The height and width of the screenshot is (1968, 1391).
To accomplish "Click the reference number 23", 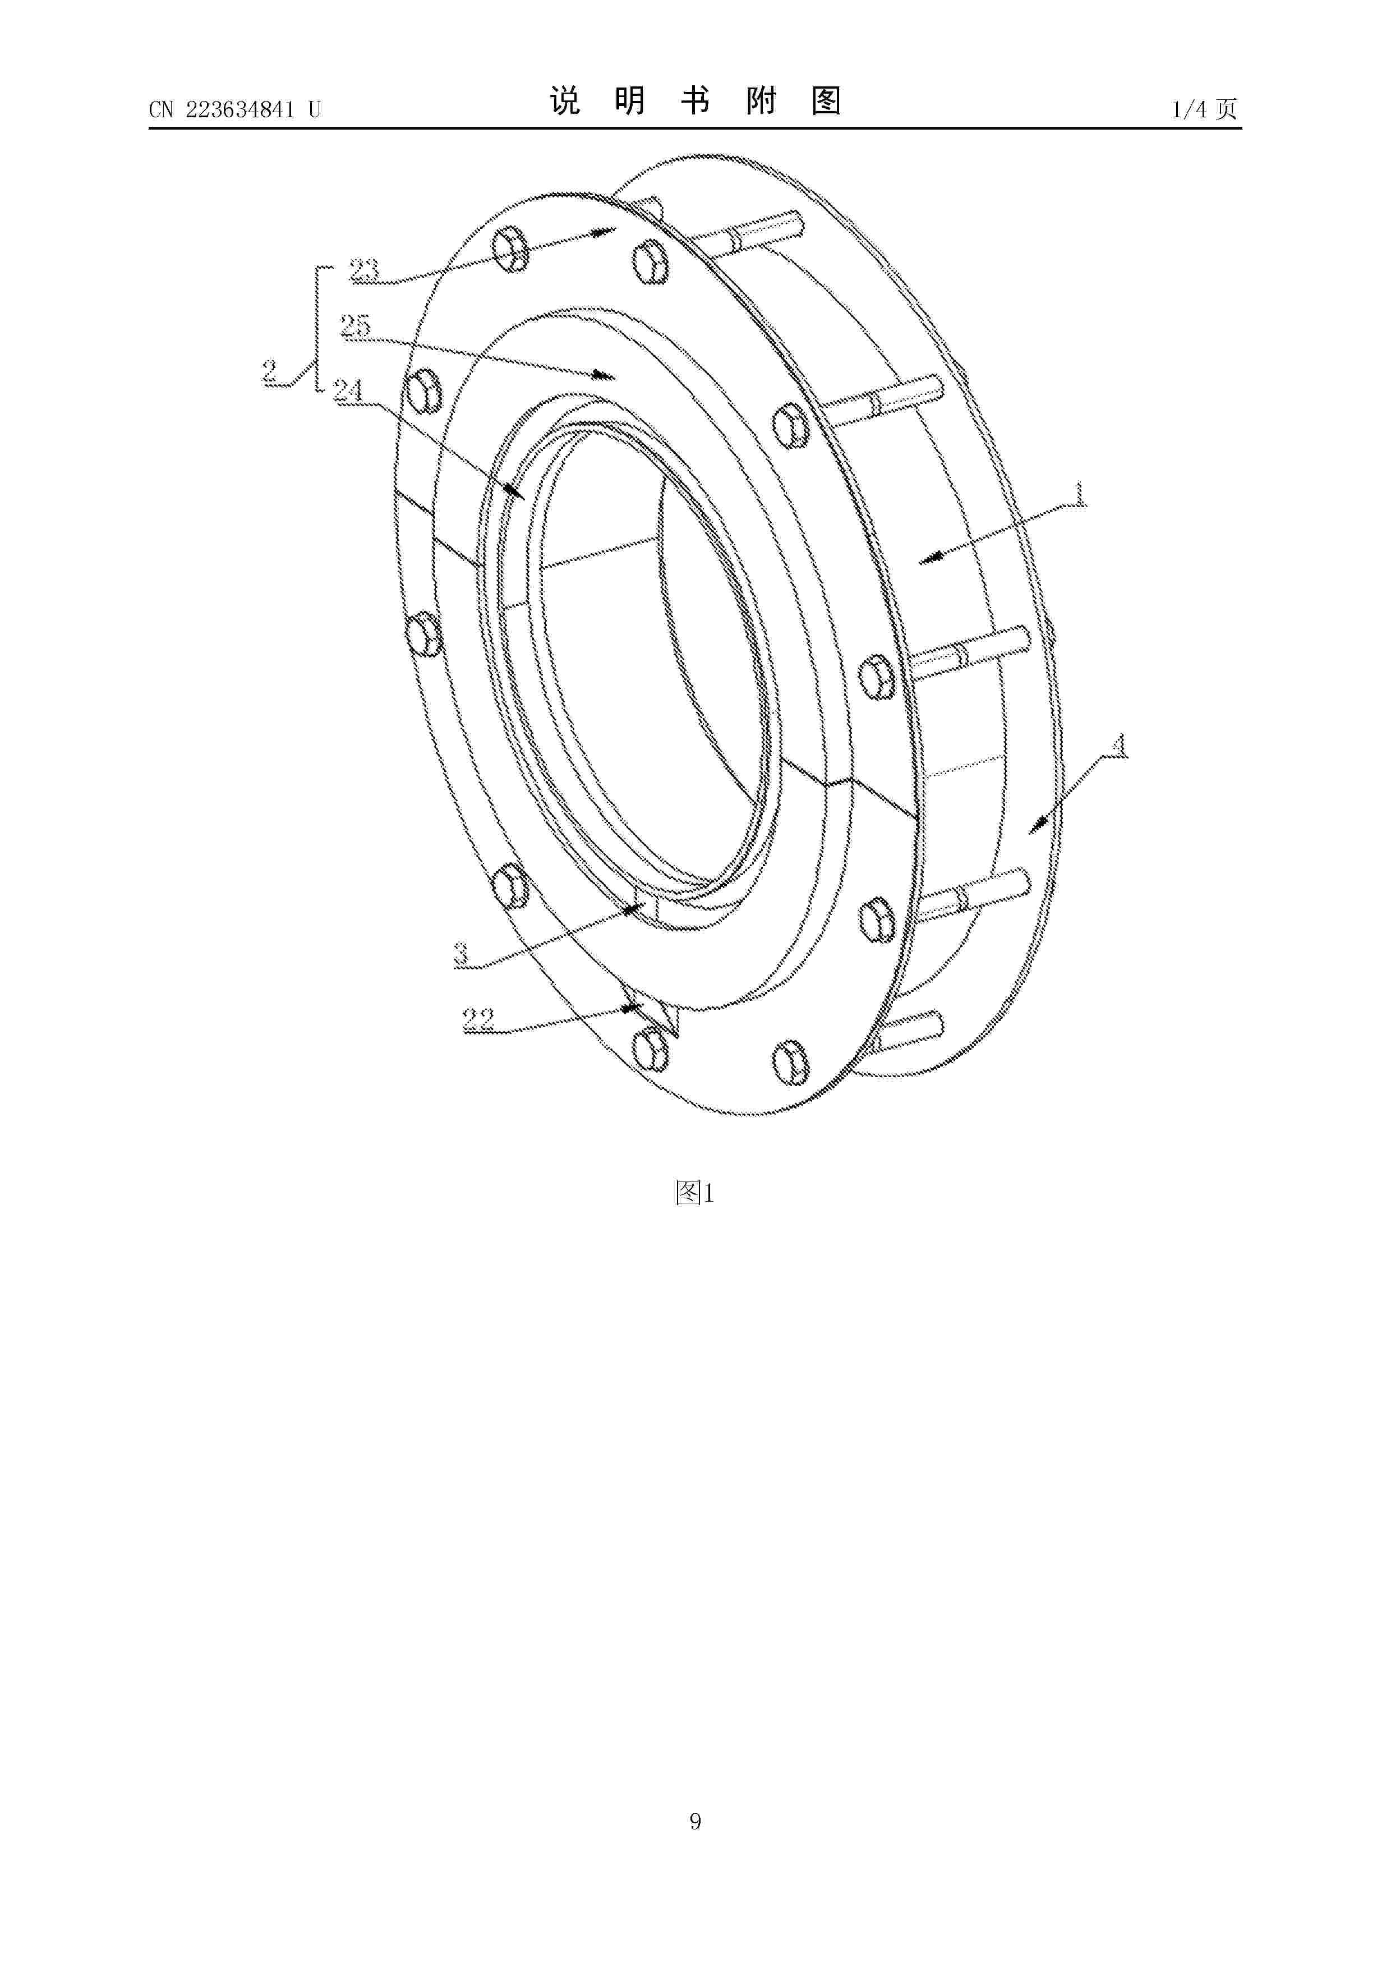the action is pos(364,269).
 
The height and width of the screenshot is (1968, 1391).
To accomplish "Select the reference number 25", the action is pos(355,326).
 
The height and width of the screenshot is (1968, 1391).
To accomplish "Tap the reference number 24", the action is pos(348,391).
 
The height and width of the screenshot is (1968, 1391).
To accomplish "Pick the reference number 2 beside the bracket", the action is pos(271,371).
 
